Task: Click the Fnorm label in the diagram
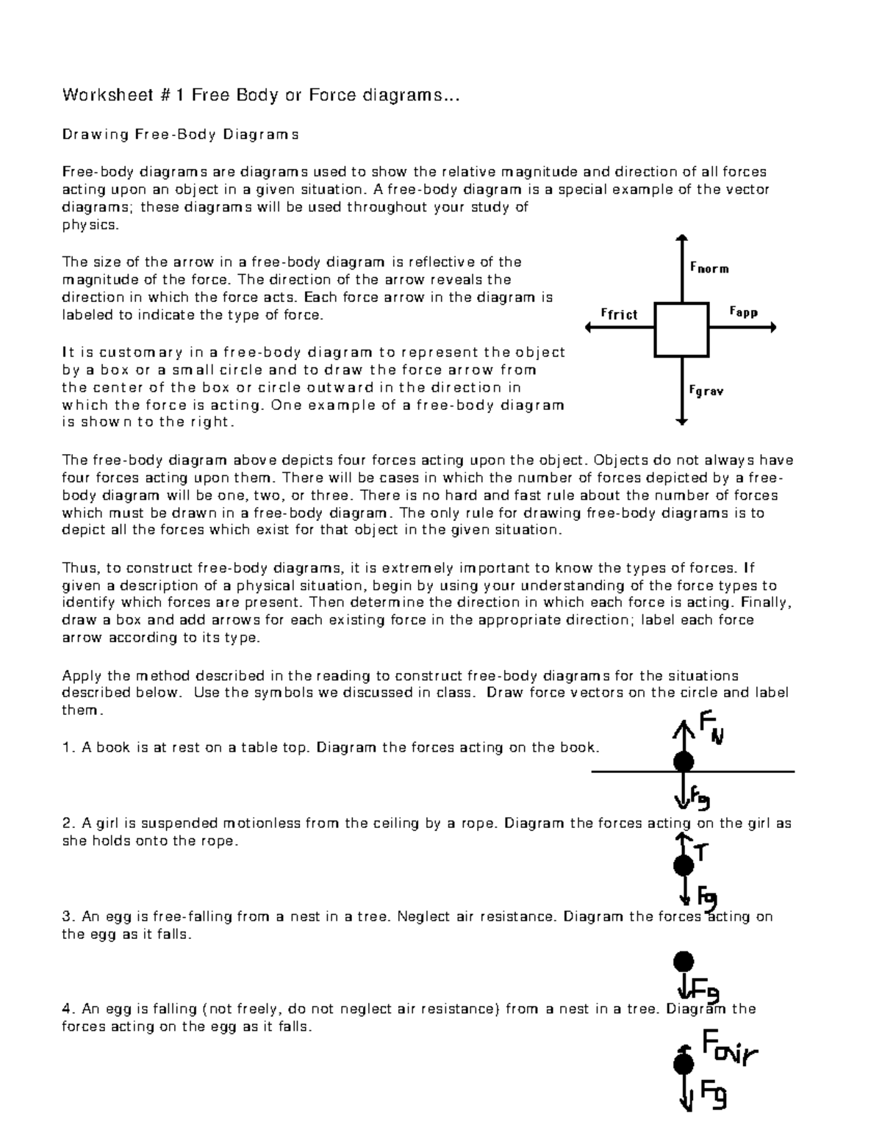tap(709, 269)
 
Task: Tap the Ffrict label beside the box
tap(619, 314)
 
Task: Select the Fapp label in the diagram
tap(743, 312)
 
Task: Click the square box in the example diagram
tap(682, 329)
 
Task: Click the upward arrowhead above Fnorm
tap(682, 238)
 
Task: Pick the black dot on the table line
tap(684, 762)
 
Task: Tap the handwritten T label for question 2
tap(701, 852)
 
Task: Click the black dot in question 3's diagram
tap(684, 961)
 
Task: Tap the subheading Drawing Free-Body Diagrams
tap(180, 134)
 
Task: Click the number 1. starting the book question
tap(68, 748)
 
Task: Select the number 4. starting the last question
tap(68, 1009)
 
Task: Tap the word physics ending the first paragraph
tap(88, 226)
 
